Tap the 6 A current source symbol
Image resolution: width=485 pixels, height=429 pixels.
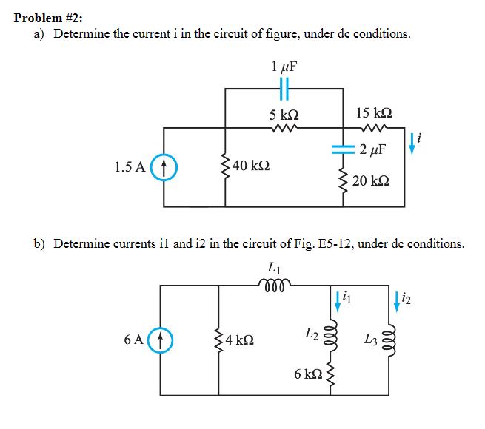tap(164, 341)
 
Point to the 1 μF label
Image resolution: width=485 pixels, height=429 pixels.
tap(284, 66)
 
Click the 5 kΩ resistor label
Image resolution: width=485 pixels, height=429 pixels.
tap(284, 115)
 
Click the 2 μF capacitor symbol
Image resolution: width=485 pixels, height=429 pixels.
tap(343, 149)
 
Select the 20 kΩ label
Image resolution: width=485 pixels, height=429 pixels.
tap(371, 181)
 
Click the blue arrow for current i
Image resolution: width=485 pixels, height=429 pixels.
tap(413, 145)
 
